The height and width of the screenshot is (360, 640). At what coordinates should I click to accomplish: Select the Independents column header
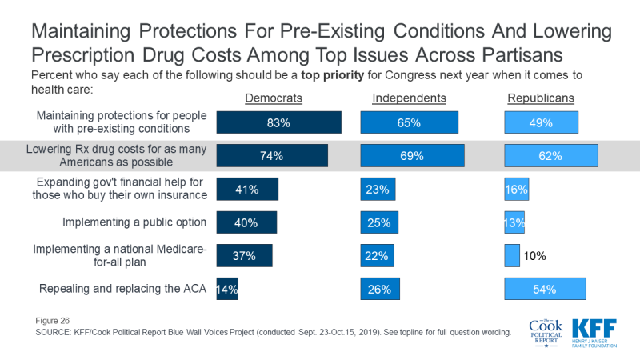(408, 98)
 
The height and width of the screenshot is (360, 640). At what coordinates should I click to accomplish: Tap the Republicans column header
(542, 98)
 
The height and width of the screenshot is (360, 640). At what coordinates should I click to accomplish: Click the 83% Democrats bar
(279, 122)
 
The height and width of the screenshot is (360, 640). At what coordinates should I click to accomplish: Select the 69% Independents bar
(412, 156)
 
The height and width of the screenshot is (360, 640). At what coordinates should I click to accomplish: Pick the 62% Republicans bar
(550, 156)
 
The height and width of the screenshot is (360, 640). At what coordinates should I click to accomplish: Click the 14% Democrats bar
(227, 290)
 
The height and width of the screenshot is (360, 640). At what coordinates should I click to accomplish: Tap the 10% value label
(534, 256)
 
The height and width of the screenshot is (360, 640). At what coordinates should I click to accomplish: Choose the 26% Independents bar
(378, 290)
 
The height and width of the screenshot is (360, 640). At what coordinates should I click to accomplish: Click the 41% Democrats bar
(247, 190)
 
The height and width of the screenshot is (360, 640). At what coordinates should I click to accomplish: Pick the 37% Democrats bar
(245, 256)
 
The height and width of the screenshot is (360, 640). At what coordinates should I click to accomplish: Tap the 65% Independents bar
(409, 122)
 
